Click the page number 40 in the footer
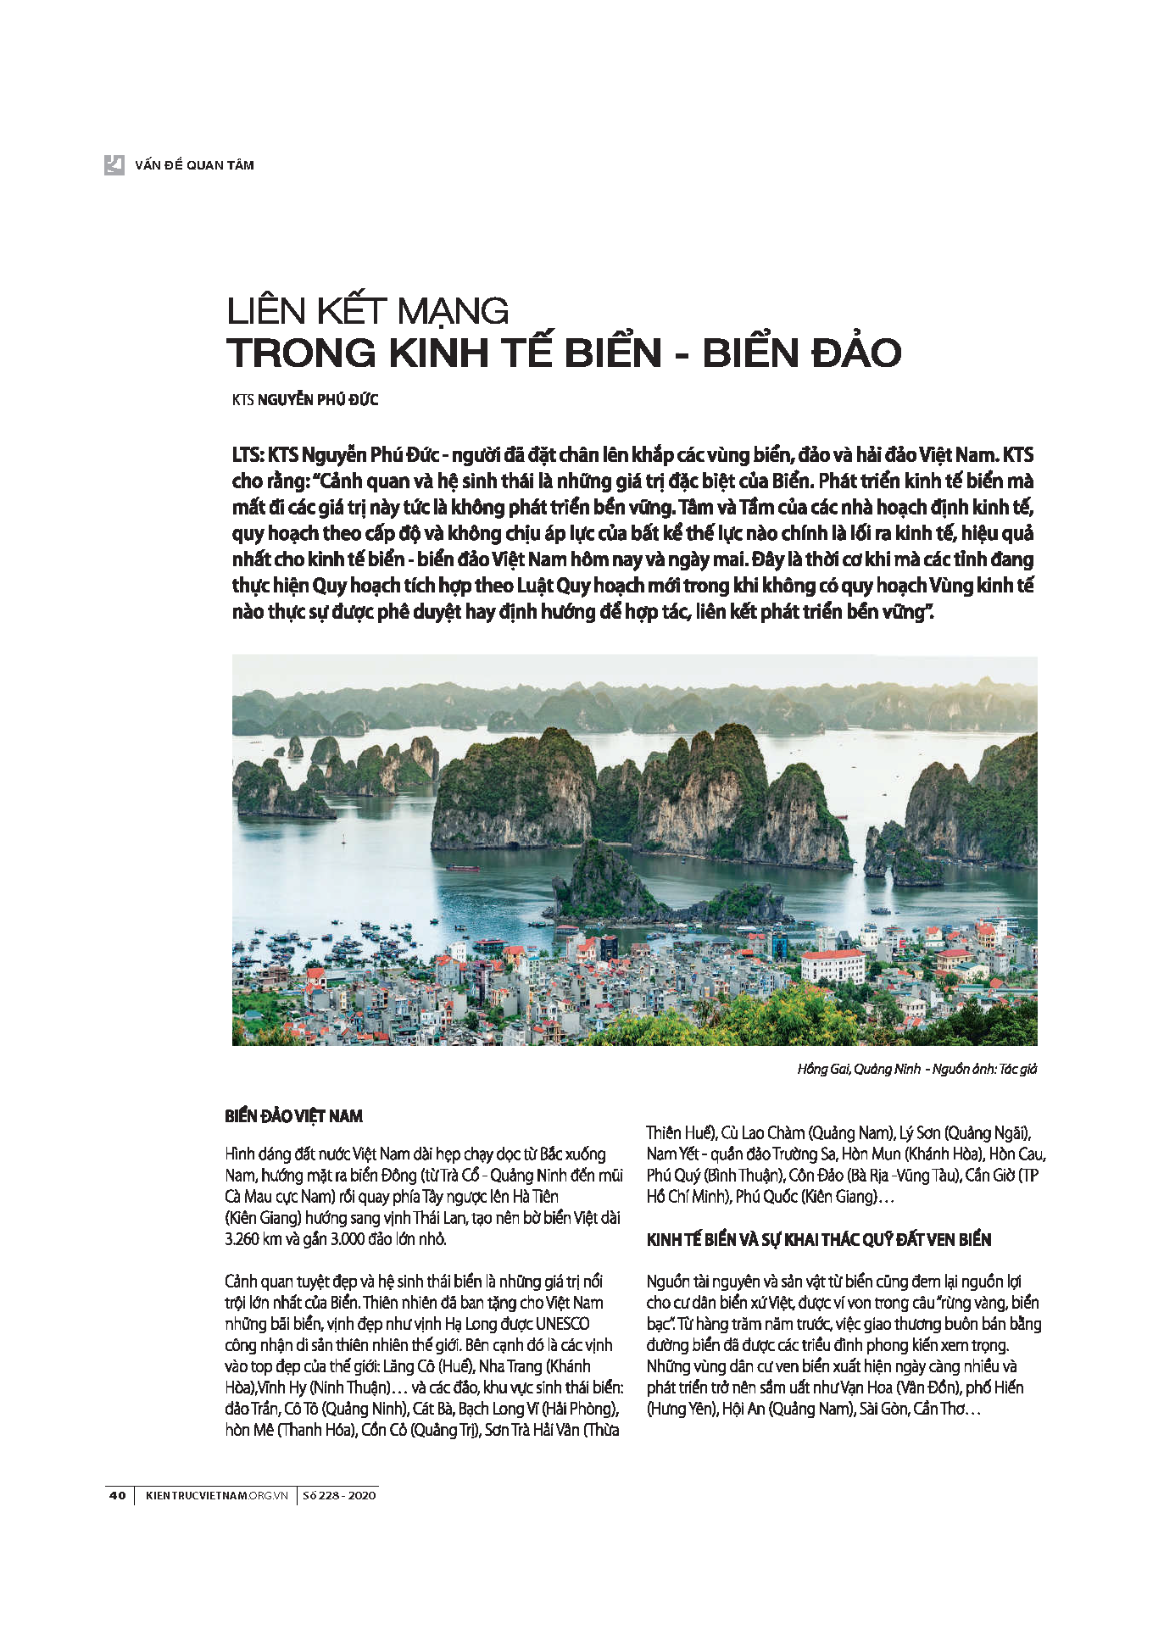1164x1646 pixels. [117, 1495]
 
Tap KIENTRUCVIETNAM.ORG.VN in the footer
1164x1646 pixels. [217, 1495]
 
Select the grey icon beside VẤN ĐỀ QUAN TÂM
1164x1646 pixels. [114, 164]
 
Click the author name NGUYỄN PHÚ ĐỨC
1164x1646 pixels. [317, 400]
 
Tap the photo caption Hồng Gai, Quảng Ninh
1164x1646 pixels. [858, 1069]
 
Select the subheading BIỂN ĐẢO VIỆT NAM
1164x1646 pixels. [293, 1116]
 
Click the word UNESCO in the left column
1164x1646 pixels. [562, 1324]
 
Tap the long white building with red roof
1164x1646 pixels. [833, 966]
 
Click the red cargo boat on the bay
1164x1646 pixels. [463, 868]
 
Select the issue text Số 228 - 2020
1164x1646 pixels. [339, 1495]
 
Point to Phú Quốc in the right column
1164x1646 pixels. [770, 1197]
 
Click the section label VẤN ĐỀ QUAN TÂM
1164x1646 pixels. [194, 165]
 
